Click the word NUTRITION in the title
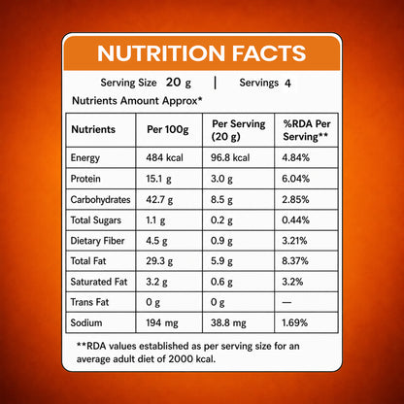[x=161, y=53]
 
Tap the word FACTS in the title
[x=269, y=53]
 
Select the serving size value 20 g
[x=179, y=83]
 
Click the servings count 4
[x=287, y=84]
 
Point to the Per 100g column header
[x=168, y=130]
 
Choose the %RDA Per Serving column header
[x=307, y=130]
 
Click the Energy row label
[x=85, y=158]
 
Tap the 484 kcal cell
[x=164, y=157]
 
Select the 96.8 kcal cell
[x=230, y=157]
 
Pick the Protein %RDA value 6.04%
[x=295, y=179]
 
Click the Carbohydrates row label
[x=100, y=199]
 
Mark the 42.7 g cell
[x=159, y=199]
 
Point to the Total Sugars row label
[x=96, y=220]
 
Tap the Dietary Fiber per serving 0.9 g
[x=221, y=241]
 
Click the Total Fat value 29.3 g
[x=159, y=261]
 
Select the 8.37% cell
[x=295, y=261]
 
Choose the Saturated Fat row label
[x=99, y=282]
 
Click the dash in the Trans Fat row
[x=286, y=302]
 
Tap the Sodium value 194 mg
[x=162, y=323]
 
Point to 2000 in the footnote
[x=181, y=359]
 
